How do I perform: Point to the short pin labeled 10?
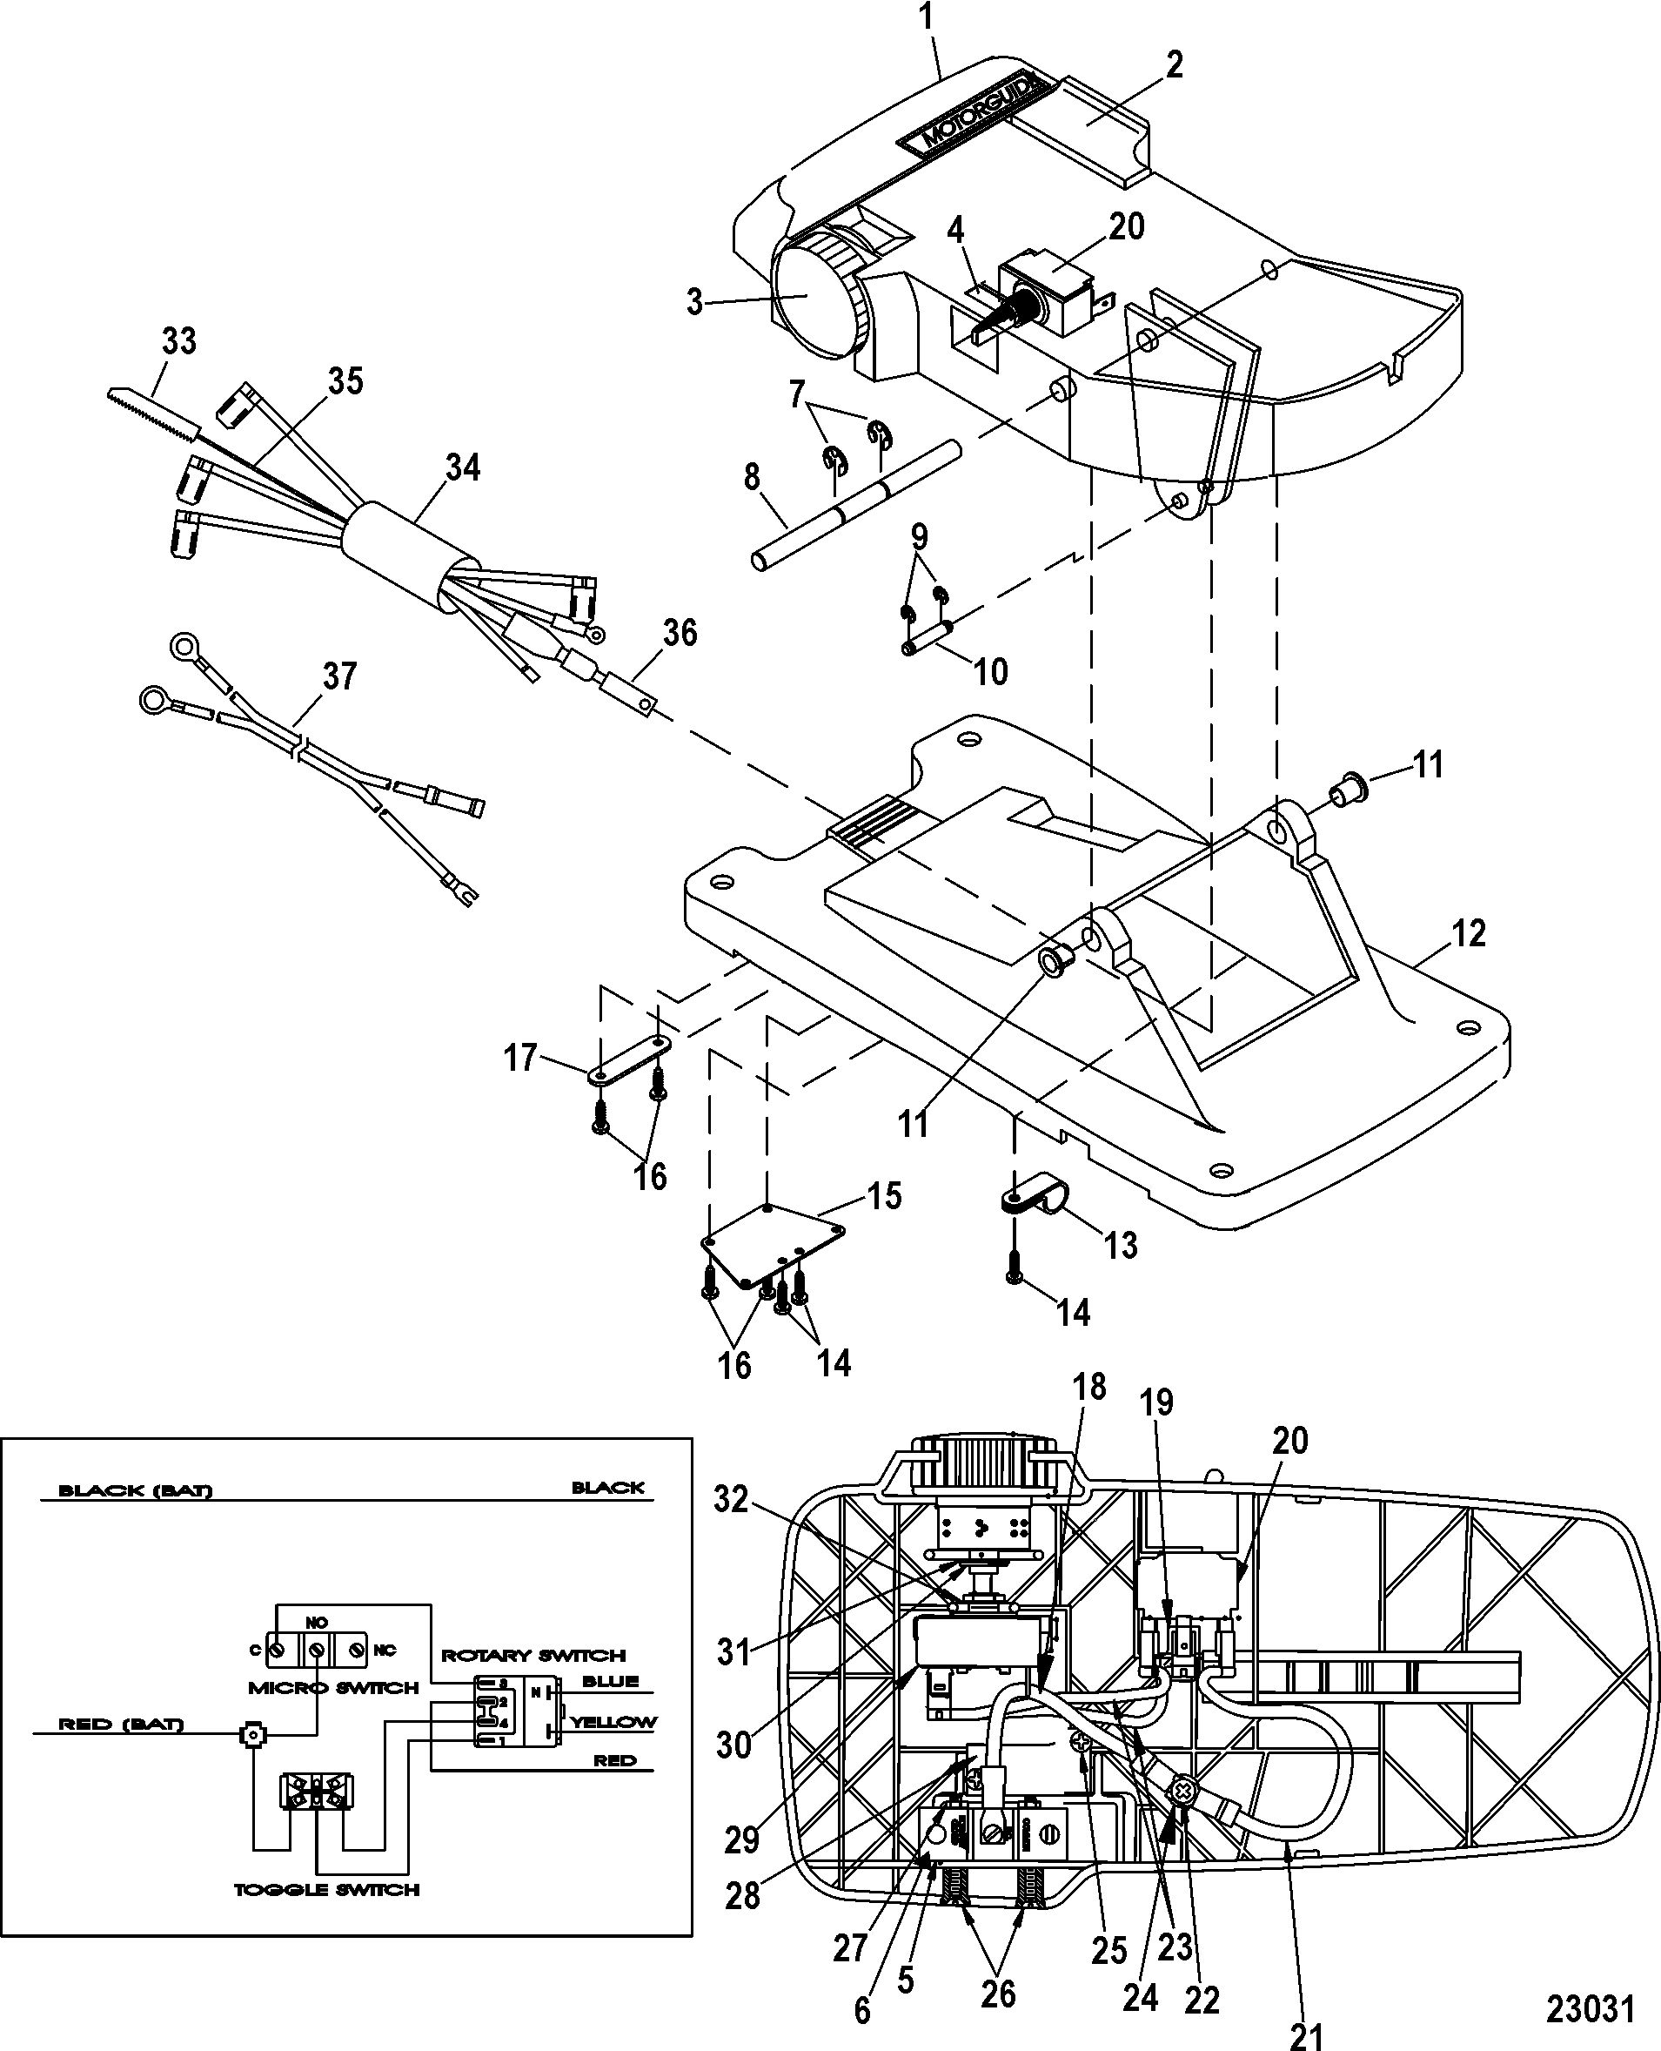point(928,638)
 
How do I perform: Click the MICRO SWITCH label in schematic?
point(333,1687)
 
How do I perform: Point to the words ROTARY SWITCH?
point(533,1655)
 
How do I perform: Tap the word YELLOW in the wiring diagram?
point(613,1722)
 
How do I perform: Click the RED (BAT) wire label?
point(121,1725)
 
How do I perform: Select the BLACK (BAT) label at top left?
point(135,1490)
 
